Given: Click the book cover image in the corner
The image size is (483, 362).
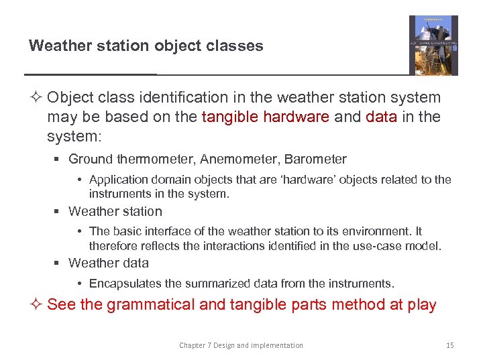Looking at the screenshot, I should point(433,45).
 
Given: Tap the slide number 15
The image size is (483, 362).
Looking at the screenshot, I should point(449,345).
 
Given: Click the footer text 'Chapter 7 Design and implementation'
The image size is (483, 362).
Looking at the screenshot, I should point(241,345).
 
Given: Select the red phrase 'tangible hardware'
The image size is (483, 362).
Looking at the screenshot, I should point(265,117).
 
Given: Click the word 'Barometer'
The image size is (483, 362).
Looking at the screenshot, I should point(315,160).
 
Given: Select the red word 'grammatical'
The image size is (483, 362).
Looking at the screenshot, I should point(151,305).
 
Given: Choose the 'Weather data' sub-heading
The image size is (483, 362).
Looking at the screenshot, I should point(109,263).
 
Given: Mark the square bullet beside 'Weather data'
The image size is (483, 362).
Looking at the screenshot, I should point(59,263).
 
